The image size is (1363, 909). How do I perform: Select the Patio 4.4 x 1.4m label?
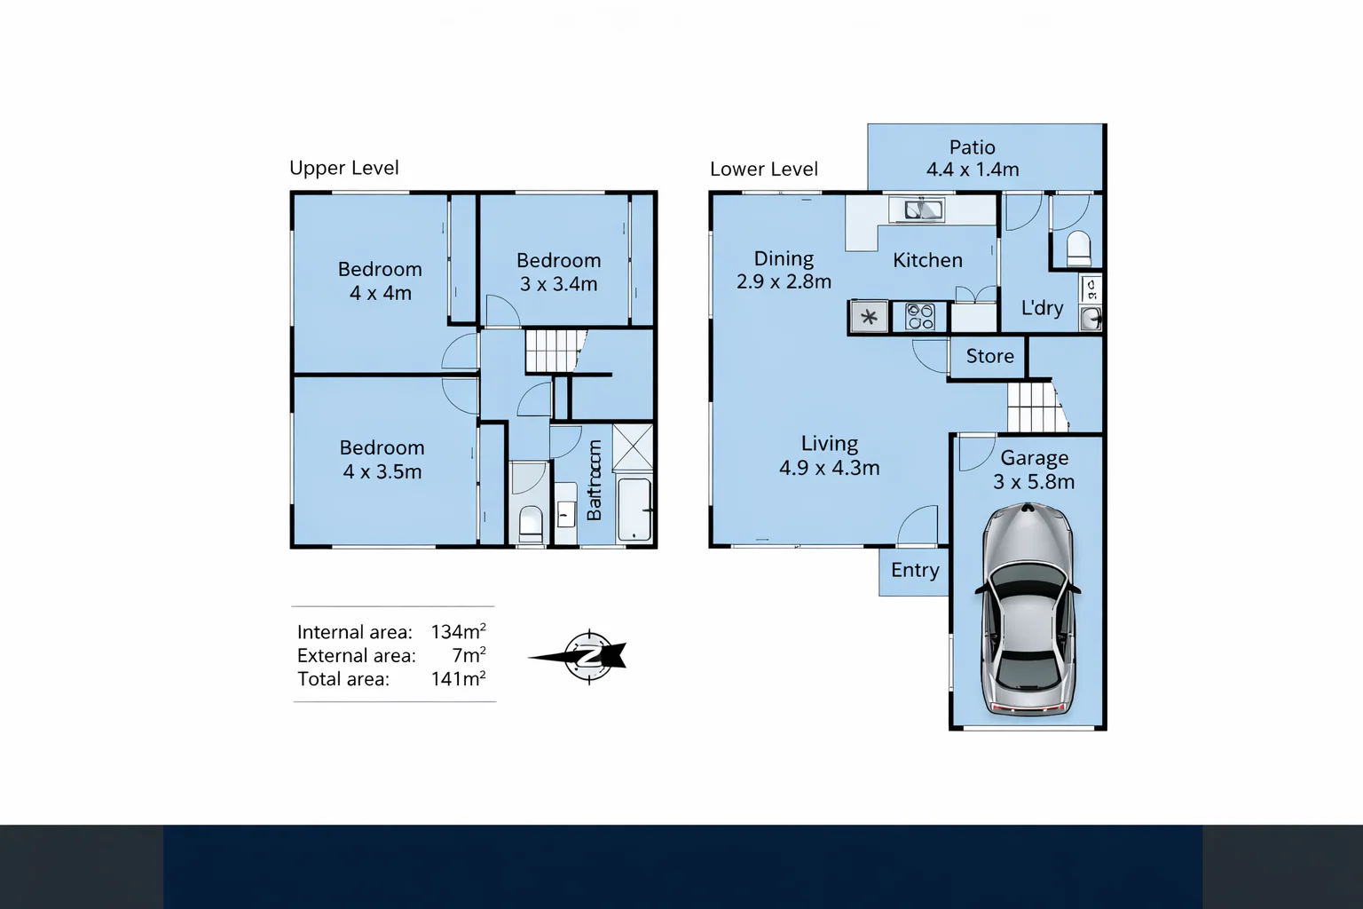(x=973, y=158)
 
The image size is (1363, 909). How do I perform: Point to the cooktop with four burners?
(x=920, y=317)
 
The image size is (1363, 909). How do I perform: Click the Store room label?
(x=989, y=356)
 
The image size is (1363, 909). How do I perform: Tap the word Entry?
(x=915, y=570)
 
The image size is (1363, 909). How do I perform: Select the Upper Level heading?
(x=344, y=168)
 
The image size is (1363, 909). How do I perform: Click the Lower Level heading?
(x=764, y=169)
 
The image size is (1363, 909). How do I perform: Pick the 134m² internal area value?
(x=458, y=632)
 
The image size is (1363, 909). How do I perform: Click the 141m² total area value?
(x=458, y=679)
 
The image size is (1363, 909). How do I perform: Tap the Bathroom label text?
(x=595, y=480)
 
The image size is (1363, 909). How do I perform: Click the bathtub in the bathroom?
(x=634, y=510)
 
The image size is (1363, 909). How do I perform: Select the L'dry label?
(x=1042, y=308)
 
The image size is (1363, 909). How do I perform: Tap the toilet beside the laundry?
(x=1078, y=248)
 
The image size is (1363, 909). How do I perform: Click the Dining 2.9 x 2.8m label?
(x=784, y=270)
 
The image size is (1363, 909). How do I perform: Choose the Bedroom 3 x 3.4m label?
(x=558, y=272)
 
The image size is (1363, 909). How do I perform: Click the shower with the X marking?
(x=633, y=447)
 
